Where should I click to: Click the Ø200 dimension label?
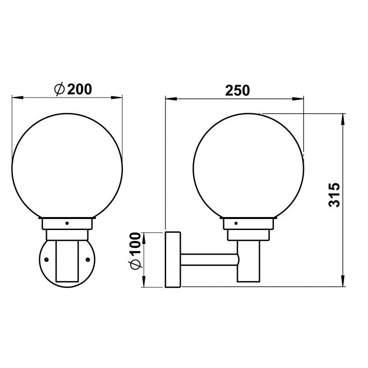[x=73, y=89]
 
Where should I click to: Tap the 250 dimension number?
[x=237, y=90]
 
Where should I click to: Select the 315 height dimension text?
[x=334, y=195]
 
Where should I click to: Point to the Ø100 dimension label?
[x=135, y=251]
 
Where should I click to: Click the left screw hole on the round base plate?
[x=46, y=259]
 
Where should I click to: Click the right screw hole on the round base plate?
[x=88, y=259]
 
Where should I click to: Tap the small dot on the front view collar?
[x=67, y=223]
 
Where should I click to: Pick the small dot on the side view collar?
[x=236, y=223]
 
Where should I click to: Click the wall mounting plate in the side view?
[x=173, y=259]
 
